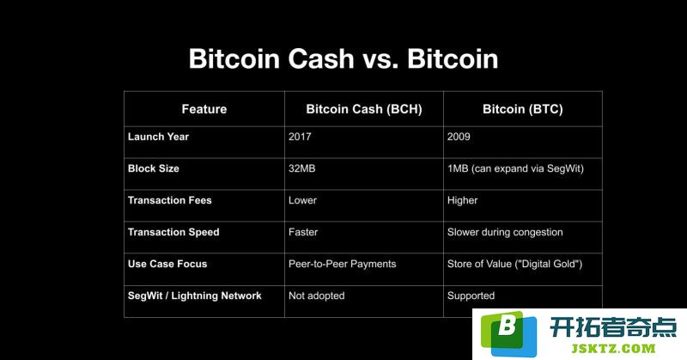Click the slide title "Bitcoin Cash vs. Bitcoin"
343,58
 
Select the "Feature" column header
204,109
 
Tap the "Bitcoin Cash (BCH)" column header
364,109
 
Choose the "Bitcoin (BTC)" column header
523,109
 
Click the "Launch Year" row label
158,137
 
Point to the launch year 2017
300,137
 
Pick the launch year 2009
459,137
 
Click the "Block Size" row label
154,168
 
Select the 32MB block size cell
302,168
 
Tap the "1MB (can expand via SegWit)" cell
515,168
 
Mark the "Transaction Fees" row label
169,200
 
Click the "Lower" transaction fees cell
302,200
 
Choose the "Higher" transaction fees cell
462,201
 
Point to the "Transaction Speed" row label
173,232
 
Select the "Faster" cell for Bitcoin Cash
303,232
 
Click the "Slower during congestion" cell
505,232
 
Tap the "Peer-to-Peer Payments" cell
342,264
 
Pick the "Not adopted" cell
316,296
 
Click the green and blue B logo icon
508,333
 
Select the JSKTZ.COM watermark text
613,349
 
